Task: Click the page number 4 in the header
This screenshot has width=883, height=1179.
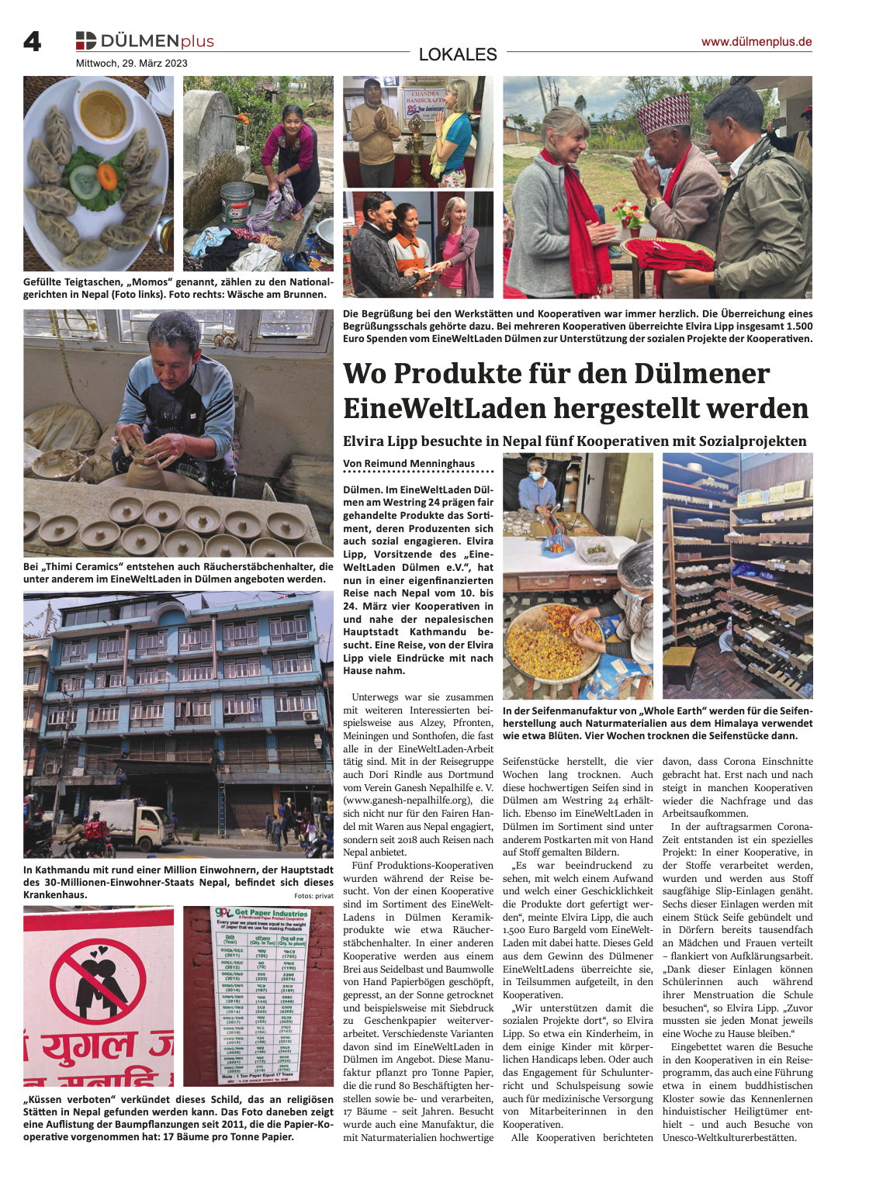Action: [32, 41]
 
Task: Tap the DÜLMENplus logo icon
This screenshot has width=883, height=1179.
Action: [85, 40]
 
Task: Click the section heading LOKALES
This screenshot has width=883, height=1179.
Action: [457, 54]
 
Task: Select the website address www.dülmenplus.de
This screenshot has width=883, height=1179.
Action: [756, 42]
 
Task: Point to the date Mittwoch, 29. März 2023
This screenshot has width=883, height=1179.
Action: [131, 64]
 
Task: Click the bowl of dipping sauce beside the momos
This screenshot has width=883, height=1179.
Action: [102, 113]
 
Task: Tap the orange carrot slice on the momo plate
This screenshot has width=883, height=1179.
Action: [107, 176]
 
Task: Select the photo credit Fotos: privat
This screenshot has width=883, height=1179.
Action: [313, 895]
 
